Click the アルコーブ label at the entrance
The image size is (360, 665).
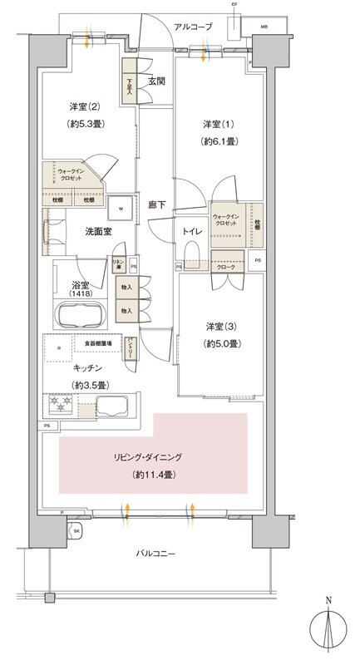194,27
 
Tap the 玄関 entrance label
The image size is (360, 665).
156,81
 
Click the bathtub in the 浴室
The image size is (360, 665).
80,317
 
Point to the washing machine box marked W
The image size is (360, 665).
121,208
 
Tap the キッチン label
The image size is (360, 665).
87,367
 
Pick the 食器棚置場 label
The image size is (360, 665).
98,342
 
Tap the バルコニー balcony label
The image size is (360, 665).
155,553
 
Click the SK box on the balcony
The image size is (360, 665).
76,530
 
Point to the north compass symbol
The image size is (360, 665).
329,628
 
